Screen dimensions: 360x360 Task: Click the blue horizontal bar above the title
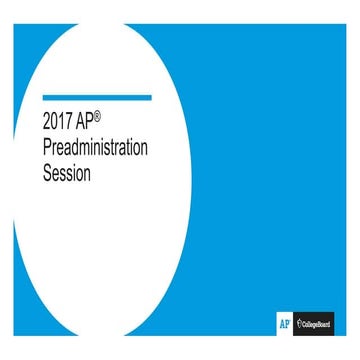coord(97,98)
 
